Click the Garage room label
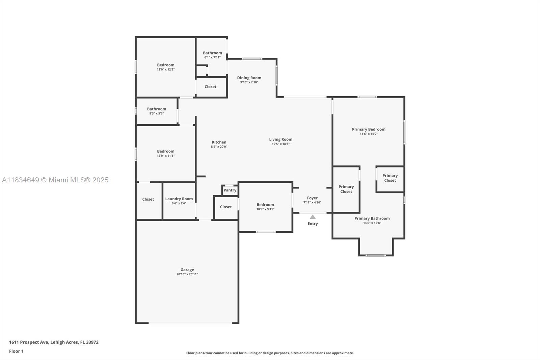(x=187, y=269)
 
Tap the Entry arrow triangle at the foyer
(x=313, y=217)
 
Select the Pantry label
(x=230, y=190)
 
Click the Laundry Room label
(x=179, y=199)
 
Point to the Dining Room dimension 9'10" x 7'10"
(x=249, y=82)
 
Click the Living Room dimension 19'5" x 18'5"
(x=280, y=144)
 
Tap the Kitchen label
(x=219, y=142)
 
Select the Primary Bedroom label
(x=368, y=129)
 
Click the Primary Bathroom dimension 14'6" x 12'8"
(x=372, y=223)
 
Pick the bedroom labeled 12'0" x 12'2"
(x=165, y=67)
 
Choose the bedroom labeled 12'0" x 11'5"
(x=165, y=153)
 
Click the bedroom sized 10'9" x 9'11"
(x=265, y=206)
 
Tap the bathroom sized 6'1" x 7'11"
(x=212, y=55)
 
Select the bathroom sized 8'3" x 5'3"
(x=157, y=111)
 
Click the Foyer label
(x=312, y=198)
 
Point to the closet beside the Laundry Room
(x=148, y=199)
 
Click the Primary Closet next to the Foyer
(x=346, y=189)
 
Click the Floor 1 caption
(x=16, y=351)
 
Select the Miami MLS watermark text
(x=55, y=180)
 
